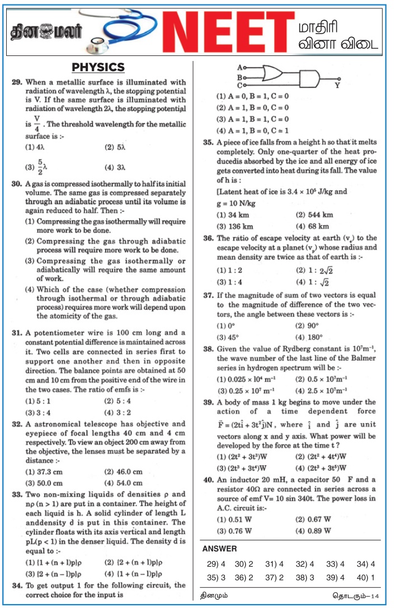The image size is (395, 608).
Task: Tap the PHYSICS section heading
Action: [98, 68]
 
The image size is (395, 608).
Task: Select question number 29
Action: [17, 82]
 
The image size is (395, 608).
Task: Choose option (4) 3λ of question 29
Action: [115, 167]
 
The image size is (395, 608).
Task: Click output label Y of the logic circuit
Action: [337, 86]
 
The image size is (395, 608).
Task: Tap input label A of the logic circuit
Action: [239, 66]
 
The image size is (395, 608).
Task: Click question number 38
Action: [208, 348]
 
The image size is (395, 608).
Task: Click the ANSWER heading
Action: [219, 549]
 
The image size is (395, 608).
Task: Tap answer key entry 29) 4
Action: [216, 564]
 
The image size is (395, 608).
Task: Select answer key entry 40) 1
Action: [364, 577]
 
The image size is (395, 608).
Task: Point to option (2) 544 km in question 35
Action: [314, 215]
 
